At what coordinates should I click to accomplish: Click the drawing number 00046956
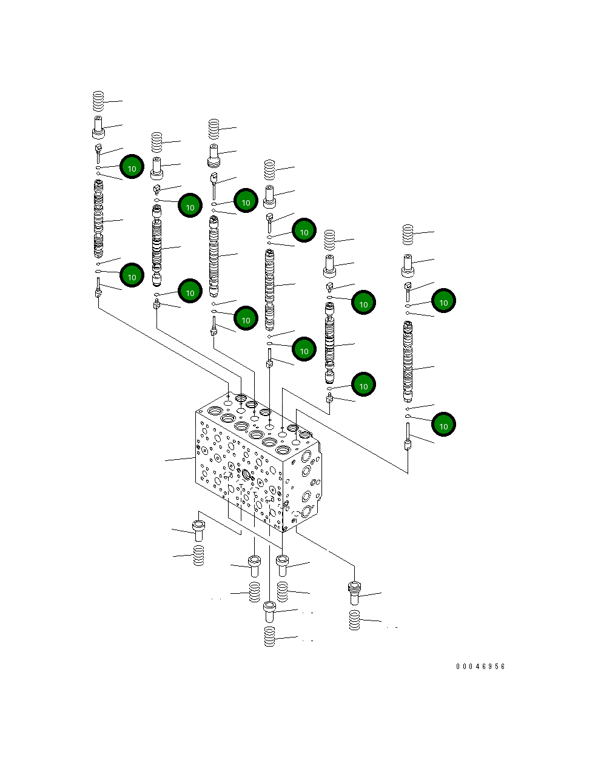coord(480,666)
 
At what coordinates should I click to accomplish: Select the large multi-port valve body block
coord(258,467)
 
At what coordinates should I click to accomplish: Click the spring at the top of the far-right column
coord(408,234)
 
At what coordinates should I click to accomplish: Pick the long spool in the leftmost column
coord(98,220)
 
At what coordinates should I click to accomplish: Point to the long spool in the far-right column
coord(408,362)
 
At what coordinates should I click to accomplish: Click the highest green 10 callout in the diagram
coord(132,167)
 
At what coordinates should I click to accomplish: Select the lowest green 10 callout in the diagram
coord(443,425)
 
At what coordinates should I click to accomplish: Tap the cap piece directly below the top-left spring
coord(98,129)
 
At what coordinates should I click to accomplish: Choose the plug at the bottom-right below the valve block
coord(354,593)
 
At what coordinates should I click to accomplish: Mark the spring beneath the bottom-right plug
coord(354,620)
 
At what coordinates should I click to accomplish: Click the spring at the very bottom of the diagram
coord(269,637)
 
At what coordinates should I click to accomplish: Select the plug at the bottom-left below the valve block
coord(198,530)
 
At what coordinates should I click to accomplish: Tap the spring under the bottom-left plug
coord(198,556)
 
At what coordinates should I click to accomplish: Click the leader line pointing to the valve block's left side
coord(180,460)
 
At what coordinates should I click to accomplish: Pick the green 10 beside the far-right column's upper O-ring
coord(443,301)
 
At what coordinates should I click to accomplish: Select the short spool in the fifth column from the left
coord(329,341)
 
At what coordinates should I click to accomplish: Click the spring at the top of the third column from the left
coord(213,129)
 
